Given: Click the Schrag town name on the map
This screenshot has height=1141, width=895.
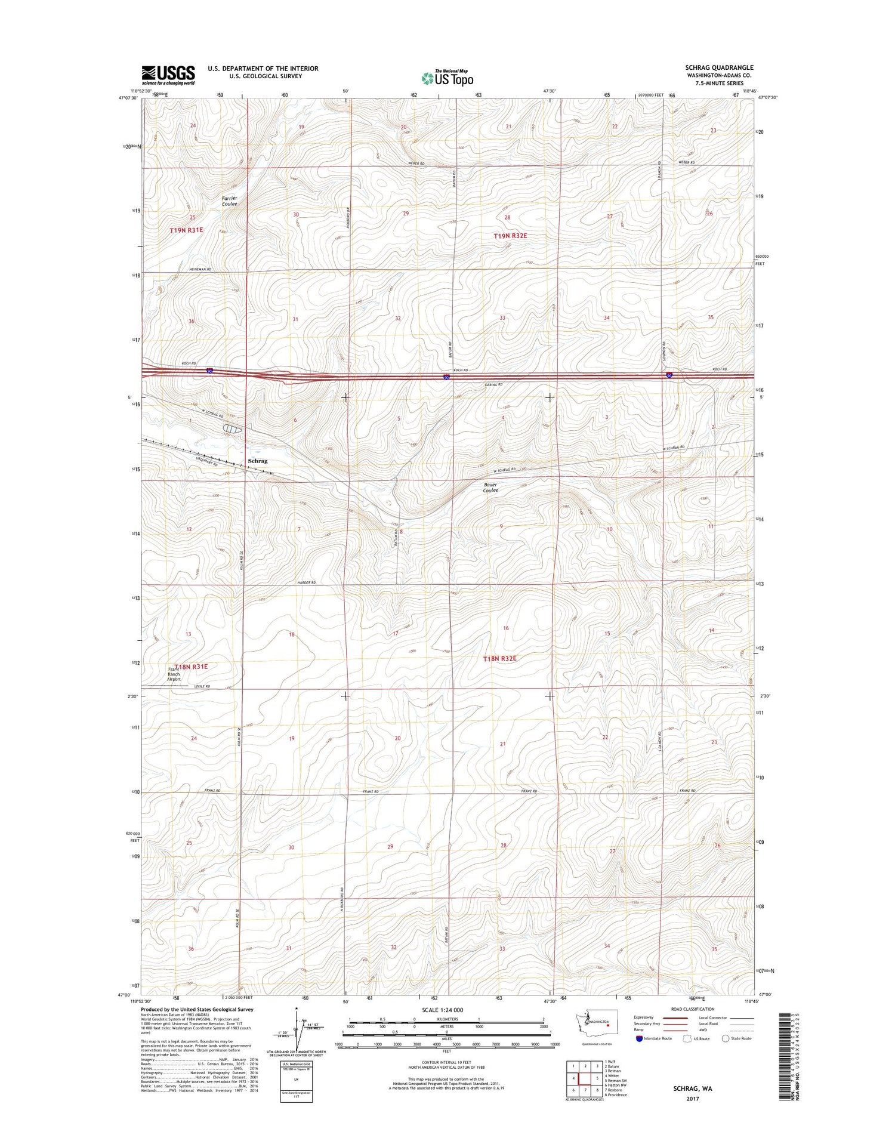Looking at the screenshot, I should click(x=258, y=461).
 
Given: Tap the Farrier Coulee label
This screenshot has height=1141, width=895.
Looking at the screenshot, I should click(x=229, y=201).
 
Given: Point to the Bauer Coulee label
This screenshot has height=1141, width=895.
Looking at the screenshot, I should click(x=491, y=488).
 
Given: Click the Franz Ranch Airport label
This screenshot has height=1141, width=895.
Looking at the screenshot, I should click(x=173, y=674).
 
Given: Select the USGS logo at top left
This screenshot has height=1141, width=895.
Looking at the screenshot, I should click(x=168, y=75).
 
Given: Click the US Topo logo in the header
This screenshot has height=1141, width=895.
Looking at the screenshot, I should click(x=447, y=78).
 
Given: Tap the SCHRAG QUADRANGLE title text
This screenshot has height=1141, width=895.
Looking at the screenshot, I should click(x=719, y=67).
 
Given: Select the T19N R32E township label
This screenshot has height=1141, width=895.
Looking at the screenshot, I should click(x=510, y=236).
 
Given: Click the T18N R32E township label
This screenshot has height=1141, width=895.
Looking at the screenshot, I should click(x=499, y=659).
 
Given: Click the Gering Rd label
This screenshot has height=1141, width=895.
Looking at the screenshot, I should click(x=493, y=385).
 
